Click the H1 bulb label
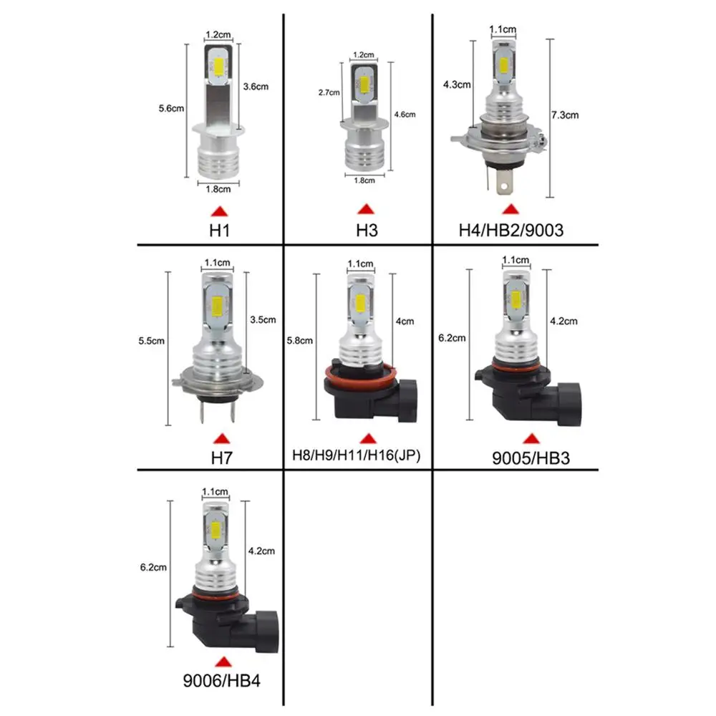(x=219, y=231)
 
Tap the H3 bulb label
(x=366, y=231)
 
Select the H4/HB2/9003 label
(x=510, y=231)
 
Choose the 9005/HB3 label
(x=531, y=458)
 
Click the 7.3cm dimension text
(x=565, y=115)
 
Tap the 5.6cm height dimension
(x=172, y=109)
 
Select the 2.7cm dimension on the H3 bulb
(x=329, y=93)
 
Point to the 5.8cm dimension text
(x=299, y=341)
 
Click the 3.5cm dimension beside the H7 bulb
(x=263, y=320)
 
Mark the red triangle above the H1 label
(x=219, y=211)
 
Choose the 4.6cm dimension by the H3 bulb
(x=405, y=114)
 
